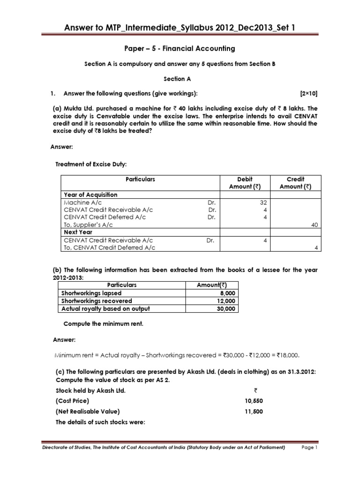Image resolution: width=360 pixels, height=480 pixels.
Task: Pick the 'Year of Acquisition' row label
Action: coord(90,195)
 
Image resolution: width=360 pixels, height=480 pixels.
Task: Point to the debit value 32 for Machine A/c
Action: coord(264,202)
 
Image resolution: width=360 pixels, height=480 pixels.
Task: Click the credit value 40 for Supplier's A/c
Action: coord(315,225)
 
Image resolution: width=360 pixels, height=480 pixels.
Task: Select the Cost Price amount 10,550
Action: coord(251,401)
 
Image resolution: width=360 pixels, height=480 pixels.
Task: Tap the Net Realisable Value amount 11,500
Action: coord(251,412)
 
